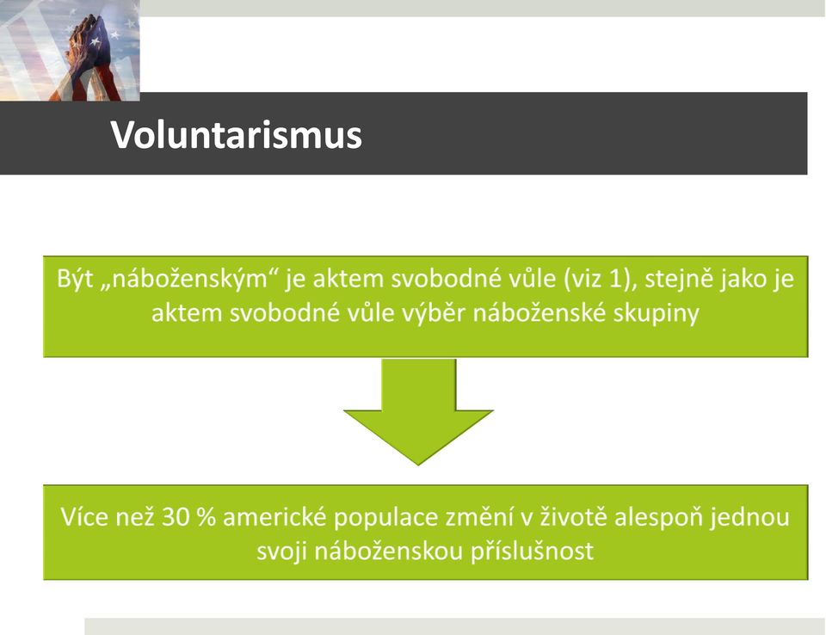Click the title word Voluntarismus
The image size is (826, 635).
236,135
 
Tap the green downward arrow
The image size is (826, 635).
418,411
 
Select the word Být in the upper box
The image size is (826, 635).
75,279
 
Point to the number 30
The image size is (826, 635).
176,517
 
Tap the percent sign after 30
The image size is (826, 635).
206,517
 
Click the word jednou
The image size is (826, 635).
749,518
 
